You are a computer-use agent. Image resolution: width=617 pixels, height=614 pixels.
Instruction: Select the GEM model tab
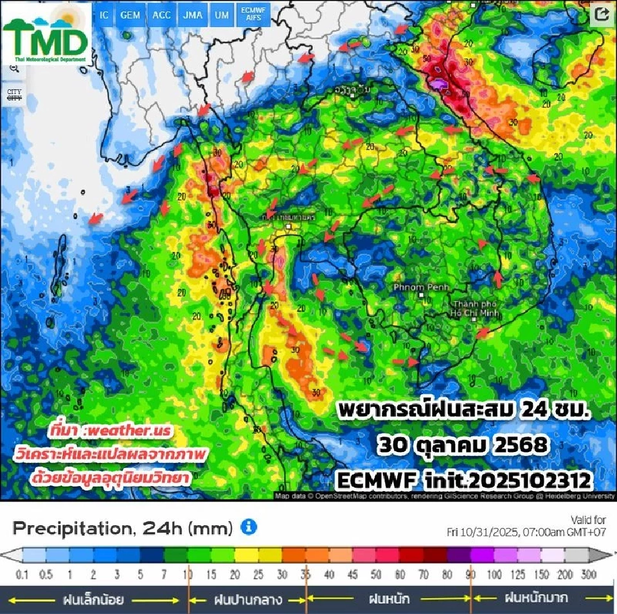pos(130,15)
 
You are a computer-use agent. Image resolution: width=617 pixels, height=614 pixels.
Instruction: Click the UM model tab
pos(221,15)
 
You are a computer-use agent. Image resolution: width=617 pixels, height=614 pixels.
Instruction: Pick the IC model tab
pos(103,15)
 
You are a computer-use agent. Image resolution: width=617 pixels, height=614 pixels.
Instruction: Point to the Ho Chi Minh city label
pos(476,308)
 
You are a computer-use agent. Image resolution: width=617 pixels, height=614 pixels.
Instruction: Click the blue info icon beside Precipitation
pos(249,527)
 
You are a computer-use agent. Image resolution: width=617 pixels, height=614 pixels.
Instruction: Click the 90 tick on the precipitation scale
pos(471,573)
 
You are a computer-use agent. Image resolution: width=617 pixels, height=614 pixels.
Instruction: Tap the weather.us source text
pos(118,429)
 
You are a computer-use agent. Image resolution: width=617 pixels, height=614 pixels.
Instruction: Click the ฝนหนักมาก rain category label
pos(536,598)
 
